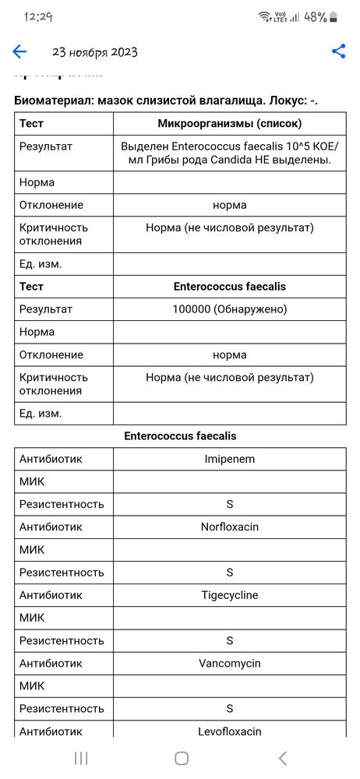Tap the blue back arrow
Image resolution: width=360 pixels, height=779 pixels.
(19, 52)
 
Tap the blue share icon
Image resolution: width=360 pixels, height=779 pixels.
(338, 51)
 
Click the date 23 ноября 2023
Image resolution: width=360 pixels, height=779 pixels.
(95, 52)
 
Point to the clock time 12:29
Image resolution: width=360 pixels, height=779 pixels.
(38, 16)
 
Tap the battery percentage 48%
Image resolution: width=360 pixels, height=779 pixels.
(314, 16)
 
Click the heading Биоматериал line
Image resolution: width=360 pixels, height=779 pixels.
(166, 100)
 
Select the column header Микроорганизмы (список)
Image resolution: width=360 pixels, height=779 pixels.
(229, 123)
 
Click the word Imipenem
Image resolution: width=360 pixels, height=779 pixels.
(229, 459)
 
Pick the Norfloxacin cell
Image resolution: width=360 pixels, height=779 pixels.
(229, 527)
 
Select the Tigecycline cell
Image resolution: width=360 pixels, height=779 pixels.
(229, 595)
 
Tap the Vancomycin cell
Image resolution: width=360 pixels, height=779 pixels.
(229, 664)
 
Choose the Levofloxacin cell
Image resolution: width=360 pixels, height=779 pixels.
(229, 731)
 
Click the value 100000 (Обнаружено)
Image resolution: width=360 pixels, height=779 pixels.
(229, 309)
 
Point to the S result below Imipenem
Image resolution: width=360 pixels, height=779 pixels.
(229, 504)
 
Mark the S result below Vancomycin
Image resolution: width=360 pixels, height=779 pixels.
(229, 709)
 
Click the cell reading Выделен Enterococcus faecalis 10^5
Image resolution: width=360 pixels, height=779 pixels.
(229, 153)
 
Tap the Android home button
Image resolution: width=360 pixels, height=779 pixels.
(181, 758)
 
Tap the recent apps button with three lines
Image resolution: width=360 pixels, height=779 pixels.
(81, 758)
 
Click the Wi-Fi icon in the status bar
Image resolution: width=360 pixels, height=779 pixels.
(265, 16)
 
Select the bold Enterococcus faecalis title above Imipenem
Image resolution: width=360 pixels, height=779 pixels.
(180, 436)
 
